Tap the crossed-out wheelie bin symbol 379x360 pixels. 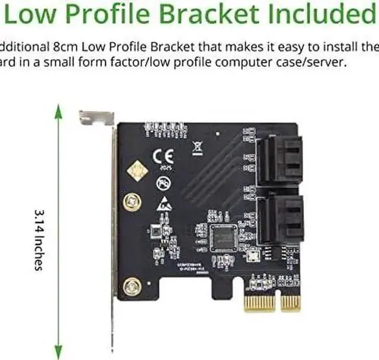coord(197,148)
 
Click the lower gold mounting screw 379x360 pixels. coord(131,288)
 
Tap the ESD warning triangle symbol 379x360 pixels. coord(163,205)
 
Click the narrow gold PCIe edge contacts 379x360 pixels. coord(290,303)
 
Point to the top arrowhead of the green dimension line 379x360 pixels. coord(58,110)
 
